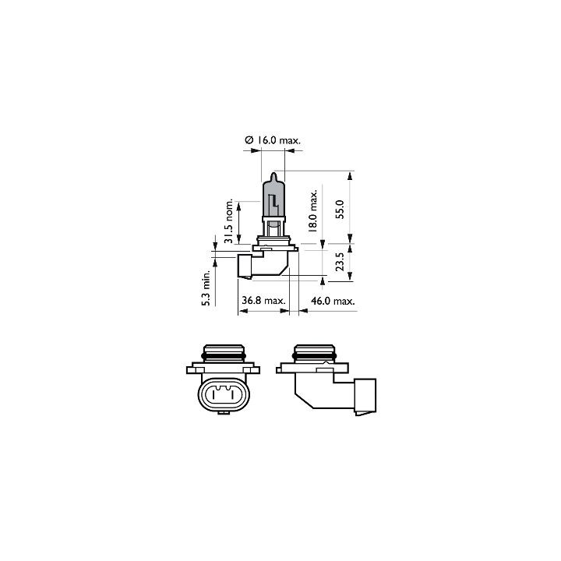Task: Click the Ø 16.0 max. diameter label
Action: [x=273, y=140]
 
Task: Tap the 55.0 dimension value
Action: [x=340, y=210]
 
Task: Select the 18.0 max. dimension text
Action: [x=312, y=210]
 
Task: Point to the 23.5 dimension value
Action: [x=340, y=262]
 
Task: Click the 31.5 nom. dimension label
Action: [x=229, y=221]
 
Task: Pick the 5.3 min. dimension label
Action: [x=206, y=289]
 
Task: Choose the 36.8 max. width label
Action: [x=263, y=301]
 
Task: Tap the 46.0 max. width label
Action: [x=333, y=301]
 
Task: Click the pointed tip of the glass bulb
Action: [x=273, y=173]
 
